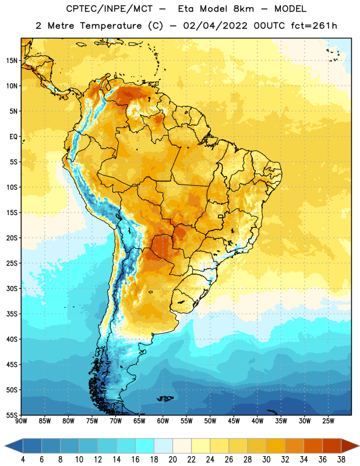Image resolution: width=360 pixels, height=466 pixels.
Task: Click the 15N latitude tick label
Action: pyautogui.click(x=12, y=61)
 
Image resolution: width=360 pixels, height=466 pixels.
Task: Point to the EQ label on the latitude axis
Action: pyautogui.click(x=13, y=137)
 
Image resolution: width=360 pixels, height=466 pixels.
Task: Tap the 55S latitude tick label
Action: pyautogui.click(x=12, y=415)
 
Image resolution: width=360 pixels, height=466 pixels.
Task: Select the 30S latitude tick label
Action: pyautogui.click(x=12, y=288)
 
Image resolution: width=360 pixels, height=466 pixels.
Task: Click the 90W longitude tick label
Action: pyautogui.click(x=21, y=421)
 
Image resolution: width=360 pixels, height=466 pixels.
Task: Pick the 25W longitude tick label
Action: pyautogui.click(x=328, y=421)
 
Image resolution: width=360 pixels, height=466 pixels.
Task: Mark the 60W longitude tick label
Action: pyautogui.click(x=163, y=421)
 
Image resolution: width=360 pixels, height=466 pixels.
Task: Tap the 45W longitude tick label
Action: pyautogui.click(x=234, y=421)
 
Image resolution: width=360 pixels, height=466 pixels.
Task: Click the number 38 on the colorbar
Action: pyautogui.click(x=341, y=460)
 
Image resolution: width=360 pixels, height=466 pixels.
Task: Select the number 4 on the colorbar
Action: pyautogui.click(x=23, y=460)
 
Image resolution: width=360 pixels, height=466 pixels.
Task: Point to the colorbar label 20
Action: pyautogui.click(x=172, y=460)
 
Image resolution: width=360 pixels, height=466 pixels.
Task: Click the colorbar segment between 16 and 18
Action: pyautogui.click(x=145, y=446)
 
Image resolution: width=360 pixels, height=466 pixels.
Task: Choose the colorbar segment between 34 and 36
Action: pyautogui.click(x=313, y=446)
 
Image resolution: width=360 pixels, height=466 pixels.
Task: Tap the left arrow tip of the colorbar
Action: pyautogui.click(x=5, y=446)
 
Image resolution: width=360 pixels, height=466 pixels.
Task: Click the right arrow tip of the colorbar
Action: pyautogui.click(x=359, y=446)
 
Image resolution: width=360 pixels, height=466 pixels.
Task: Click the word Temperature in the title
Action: pyautogui.click(x=111, y=26)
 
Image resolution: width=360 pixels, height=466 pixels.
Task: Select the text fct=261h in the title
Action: pyautogui.click(x=314, y=26)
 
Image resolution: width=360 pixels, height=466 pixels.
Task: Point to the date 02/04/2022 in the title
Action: pyautogui.click(x=215, y=26)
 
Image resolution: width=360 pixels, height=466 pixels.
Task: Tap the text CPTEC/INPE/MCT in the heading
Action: pyautogui.click(x=110, y=9)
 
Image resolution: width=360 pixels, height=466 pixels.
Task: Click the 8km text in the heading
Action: pyautogui.click(x=243, y=9)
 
